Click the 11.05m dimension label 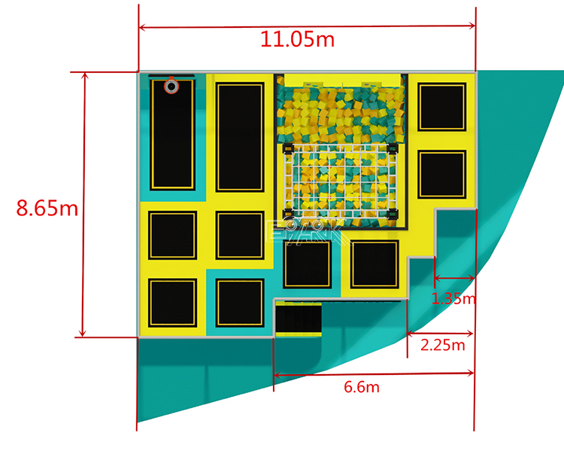click(x=297, y=39)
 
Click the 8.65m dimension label click(x=47, y=208)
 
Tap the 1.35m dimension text click(x=453, y=298)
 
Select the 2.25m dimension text click(x=443, y=345)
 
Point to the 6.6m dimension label click(x=362, y=387)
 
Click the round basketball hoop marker click(x=171, y=87)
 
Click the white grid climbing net click(x=340, y=181)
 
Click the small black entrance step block click(x=299, y=319)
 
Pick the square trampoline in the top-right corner click(x=441, y=107)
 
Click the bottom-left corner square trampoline click(x=173, y=303)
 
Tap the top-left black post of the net click(x=289, y=148)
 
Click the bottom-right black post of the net click(x=393, y=214)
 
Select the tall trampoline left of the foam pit click(x=240, y=137)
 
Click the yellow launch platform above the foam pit click(x=342, y=81)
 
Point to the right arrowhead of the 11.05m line click(x=472, y=26)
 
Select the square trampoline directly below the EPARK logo click(x=307, y=264)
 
